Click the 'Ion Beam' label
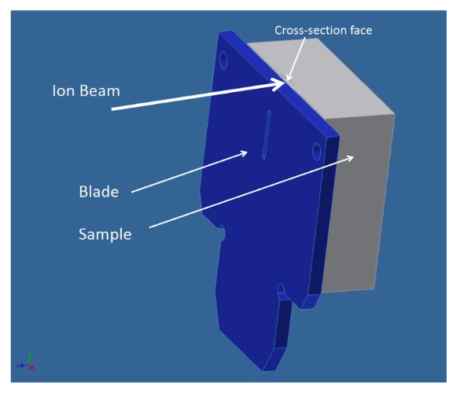coord(86,90)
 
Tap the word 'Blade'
coord(99,192)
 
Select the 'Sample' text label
coord(105,234)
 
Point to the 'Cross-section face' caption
coord(323,30)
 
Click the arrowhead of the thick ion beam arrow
coord(279,84)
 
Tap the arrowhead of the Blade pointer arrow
coord(244,153)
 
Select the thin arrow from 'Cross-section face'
coord(296,59)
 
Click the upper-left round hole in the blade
coord(223,60)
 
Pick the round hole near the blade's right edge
coord(317,151)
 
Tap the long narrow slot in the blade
coord(267,134)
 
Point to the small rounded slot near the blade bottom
coord(281,289)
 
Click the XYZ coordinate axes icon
coord(26,362)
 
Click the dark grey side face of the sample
coord(358,202)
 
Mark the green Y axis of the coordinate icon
coord(30,358)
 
